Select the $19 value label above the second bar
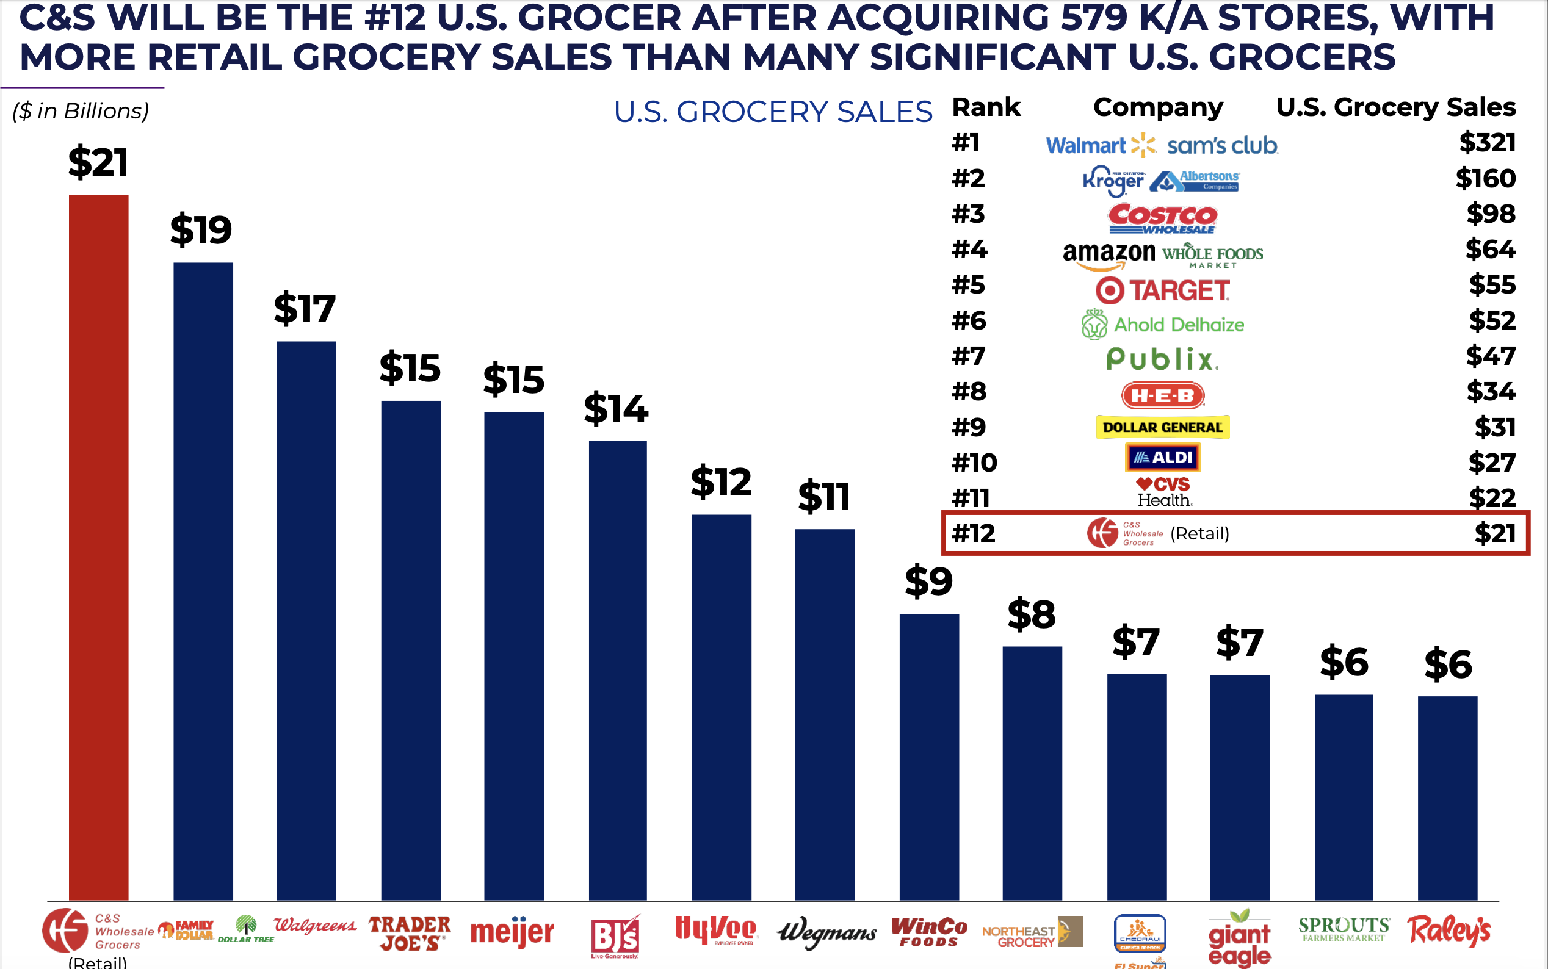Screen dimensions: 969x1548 201,229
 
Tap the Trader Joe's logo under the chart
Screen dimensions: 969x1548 410,933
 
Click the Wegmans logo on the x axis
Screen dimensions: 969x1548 826,933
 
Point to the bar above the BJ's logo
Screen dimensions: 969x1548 617,670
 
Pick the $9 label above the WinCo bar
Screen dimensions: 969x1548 929,581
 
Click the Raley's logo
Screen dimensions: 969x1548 1449,931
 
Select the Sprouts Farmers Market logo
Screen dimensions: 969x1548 1344,929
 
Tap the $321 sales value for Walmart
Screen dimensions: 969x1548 1487,142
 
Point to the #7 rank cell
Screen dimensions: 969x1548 969,356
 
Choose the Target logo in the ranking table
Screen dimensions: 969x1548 1162,290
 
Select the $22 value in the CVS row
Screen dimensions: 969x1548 1492,498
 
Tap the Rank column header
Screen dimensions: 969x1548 986,107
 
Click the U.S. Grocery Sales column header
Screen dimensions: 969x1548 1395,107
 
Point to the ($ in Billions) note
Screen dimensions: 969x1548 81,111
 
